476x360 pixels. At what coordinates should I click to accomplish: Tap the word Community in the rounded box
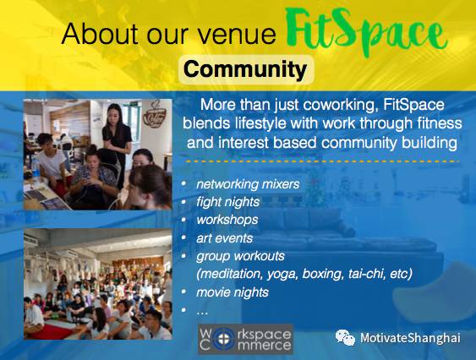pyautogui.click(x=245, y=69)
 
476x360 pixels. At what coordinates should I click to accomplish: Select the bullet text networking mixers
pyautogui.click(x=248, y=184)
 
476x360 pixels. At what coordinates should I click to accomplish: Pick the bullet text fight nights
pyautogui.click(x=228, y=202)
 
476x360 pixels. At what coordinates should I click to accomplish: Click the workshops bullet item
pyautogui.click(x=227, y=220)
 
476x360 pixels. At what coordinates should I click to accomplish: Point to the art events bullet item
pyautogui.click(x=224, y=238)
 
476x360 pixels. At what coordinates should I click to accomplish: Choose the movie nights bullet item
pyautogui.click(x=233, y=292)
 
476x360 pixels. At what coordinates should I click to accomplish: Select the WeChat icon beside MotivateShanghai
pyautogui.click(x=345, y=337)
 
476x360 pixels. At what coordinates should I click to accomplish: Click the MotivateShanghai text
pyautogui.click(x=410, y=338)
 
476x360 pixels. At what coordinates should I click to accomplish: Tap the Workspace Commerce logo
pyautogui.click(x=245, y=340)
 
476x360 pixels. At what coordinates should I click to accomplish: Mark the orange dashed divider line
pyautogui.click(x=322, y=161)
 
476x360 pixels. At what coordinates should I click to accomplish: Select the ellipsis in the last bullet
pyautogui.click(x=202, y=313)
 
